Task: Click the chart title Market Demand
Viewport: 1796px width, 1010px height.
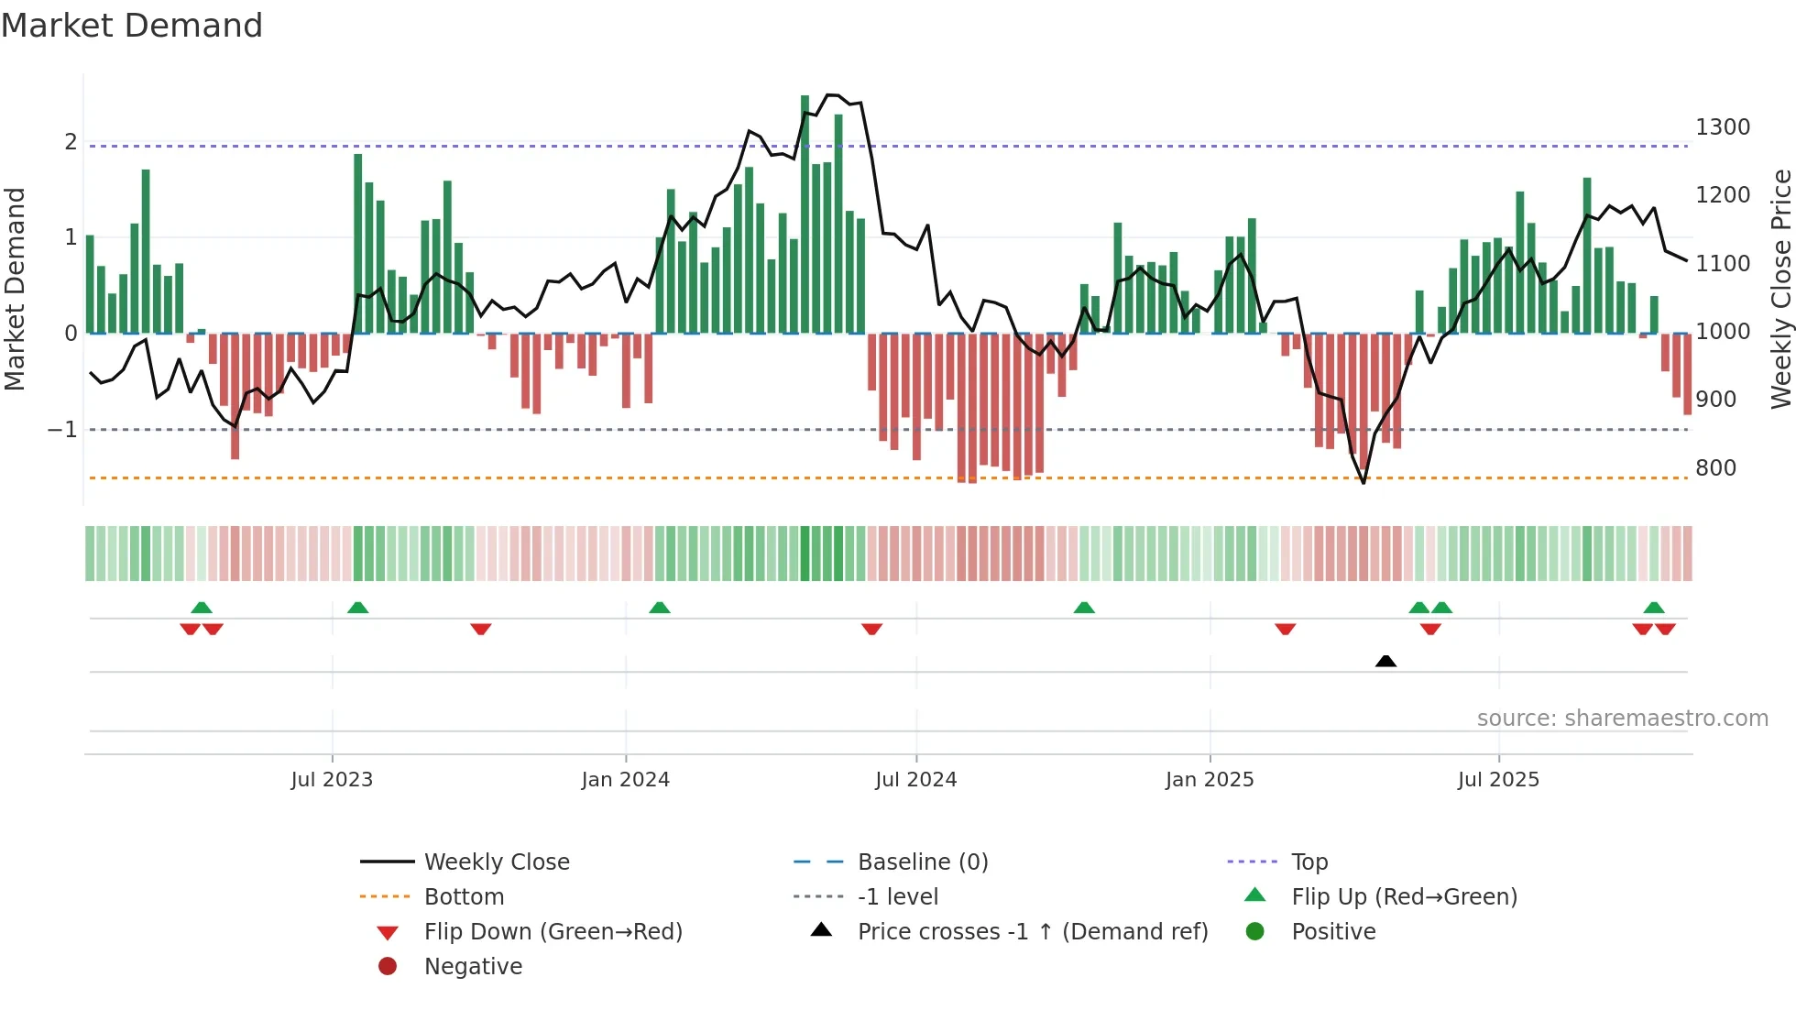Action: pyautogui.click(x=132, y=26)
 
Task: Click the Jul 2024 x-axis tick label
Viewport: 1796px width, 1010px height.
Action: pyautogui.click(x=915, y=780)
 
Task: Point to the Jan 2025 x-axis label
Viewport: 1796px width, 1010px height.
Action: pyautogui.click(x=1209, y=780)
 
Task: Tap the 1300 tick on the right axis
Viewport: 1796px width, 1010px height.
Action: pyautogui.click(x=1722, y=127)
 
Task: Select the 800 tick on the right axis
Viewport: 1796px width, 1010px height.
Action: pyautogui.click(x=1715, y=468)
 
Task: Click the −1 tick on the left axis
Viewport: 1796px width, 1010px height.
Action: pyautogui.click(x=62, y=429)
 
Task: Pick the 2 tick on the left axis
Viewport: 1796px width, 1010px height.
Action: pyautogui.click(x=71, y=142)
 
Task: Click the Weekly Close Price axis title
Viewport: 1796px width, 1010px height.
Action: pyautogui.click(x=1780, y=289)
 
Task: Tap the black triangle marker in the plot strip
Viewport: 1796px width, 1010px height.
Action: pyautogui.click(x=1385, y=661)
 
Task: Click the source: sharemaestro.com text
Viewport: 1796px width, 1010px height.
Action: pyautogui.click(x=1622, y=719)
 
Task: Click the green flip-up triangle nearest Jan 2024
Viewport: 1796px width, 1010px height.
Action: pyautogui.click(x=660, y=608)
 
